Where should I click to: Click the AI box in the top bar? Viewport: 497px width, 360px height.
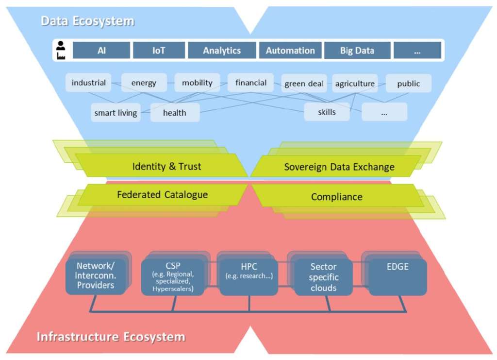click(101, 51)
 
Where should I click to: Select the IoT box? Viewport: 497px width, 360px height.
click(159, 51)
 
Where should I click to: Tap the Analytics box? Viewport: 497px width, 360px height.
click(222, 51)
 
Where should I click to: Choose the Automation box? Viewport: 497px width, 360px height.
click(290, 51)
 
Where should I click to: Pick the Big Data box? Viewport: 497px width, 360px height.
click(357, 51)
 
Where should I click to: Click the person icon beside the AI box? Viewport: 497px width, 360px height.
click(61, 51)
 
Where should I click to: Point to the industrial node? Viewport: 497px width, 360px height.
click(88, 83)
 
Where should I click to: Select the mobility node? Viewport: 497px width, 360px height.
click(197, 83)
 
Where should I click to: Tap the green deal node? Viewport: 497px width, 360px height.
click(304, 83)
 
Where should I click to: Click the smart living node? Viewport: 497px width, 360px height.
click(116, 113)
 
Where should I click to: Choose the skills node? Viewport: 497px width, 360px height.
click(327, 112)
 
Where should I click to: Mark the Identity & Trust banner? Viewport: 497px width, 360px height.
click(166, 167)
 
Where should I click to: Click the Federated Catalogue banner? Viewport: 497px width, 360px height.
click(162, 195)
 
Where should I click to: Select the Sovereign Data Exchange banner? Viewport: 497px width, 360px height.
click(339, 167)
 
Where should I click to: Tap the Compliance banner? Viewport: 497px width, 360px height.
click(336, 197)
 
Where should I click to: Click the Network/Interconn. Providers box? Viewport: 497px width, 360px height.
click(96, 276)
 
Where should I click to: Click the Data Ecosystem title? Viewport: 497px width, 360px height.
click(87, 21)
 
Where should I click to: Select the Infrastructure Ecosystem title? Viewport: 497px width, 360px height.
click(111, 336)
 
